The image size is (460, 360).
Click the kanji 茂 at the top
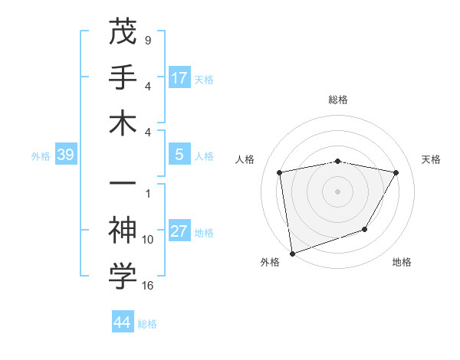pos(123,32)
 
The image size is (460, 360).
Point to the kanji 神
pos(123,231)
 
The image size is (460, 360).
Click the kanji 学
pos(123,277)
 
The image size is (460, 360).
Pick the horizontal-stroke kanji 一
pos(123,185)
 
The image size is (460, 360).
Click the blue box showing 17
pos(179,77)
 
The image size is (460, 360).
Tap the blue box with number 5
pos(179,155)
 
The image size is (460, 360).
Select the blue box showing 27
pos(179,231)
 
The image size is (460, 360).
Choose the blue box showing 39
pos(66,155)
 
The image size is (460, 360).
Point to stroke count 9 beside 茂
pos(147,40)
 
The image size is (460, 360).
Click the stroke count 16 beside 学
pos(148,286)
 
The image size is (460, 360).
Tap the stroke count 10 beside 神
pos(148,240)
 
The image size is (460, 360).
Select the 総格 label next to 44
pos(147,324)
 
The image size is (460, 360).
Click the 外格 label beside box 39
pos(41,156)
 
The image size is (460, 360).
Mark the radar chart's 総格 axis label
pos(337,100)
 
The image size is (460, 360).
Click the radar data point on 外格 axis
pos(292,253)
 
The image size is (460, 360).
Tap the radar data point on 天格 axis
pos(396,172)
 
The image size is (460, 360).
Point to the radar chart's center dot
pos(337,191)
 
